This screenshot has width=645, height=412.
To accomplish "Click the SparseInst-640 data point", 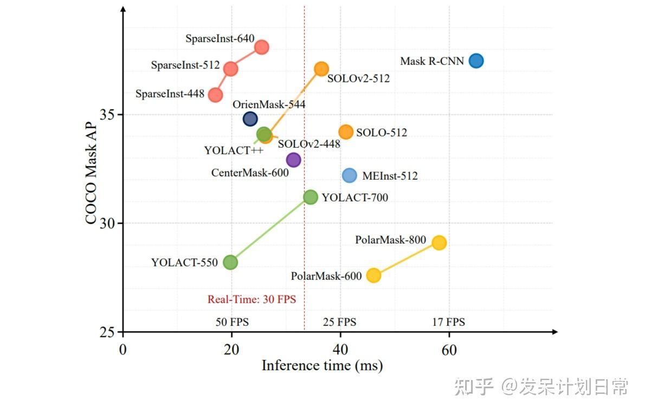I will tap(262, 47).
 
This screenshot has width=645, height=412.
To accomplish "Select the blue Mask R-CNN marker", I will tap(476, 61).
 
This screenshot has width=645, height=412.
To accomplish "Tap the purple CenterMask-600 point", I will tap(293, 160).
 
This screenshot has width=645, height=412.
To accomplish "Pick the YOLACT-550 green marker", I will tap(230, 262).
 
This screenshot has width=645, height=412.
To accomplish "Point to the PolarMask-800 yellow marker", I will tap(439, 243).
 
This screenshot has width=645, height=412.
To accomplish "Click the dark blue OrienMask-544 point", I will tap(250, 119).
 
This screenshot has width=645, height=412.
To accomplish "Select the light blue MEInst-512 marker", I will tap(350, 175).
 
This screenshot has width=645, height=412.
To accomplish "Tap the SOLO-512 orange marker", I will tap(346, 132).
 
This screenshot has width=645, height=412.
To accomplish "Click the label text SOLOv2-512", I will tap(358, 79).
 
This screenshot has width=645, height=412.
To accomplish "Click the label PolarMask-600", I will tap(326, 276).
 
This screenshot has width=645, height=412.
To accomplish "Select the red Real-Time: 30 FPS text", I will tap(251, 299).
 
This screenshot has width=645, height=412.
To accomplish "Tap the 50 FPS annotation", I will tap(232, 322).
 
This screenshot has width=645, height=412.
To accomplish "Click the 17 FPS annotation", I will tap(448, 322).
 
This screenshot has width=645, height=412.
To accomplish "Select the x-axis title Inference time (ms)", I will tap(322, 365).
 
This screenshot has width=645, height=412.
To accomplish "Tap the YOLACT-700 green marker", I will tap(310, 197).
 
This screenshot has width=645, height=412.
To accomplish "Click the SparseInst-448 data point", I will tap(215, 95).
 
